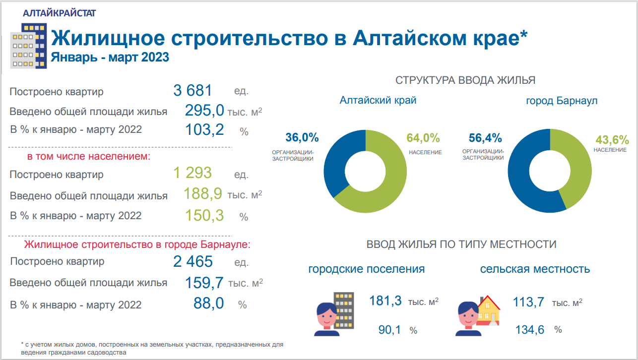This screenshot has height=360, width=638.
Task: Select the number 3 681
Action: (x=192, y=91)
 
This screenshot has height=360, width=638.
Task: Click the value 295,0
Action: (x=204, y=111)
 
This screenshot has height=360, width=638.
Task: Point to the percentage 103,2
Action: (x=204, y=130)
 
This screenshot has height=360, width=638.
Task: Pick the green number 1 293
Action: (x=192, y=173)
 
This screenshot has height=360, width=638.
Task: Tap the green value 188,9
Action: (x=202, y=194)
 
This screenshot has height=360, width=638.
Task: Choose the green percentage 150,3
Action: (x=204, y=215)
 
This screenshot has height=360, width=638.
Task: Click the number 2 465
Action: (x=193, y=261)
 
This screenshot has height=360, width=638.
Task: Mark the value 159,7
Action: (x=204, y=283)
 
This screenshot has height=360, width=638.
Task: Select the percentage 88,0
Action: (x=209, y=303)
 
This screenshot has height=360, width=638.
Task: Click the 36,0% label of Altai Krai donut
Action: (x=302, y=138)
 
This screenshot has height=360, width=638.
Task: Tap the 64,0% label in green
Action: (x=423, y=138)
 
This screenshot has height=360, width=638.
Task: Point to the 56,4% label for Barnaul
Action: (x=485, y=138)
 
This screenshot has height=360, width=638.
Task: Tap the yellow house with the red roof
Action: (x=489, y=310)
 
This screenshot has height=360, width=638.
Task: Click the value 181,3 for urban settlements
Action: (x=385, y=301)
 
